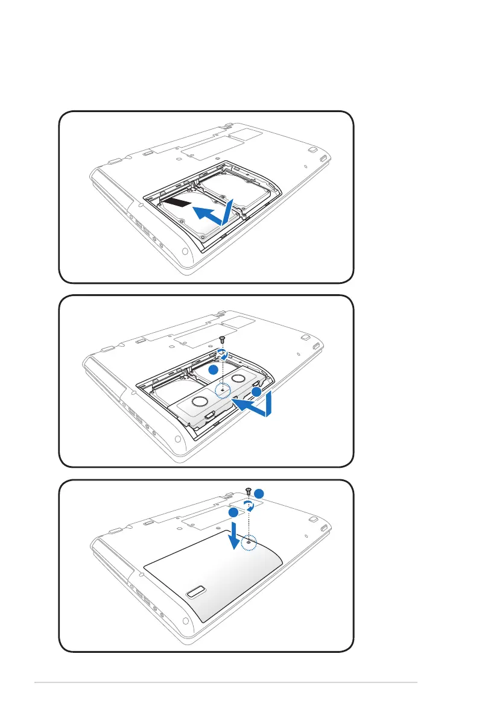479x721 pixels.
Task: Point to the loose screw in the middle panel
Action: (x=222, y=340)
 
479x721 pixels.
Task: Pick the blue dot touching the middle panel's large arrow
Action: (x=256, y=392)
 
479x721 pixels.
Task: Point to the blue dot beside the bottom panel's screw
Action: (x=259, y=493)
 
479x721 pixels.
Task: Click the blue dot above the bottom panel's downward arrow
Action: (x=233, y=512)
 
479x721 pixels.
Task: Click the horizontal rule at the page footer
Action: (x=226, y=683)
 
